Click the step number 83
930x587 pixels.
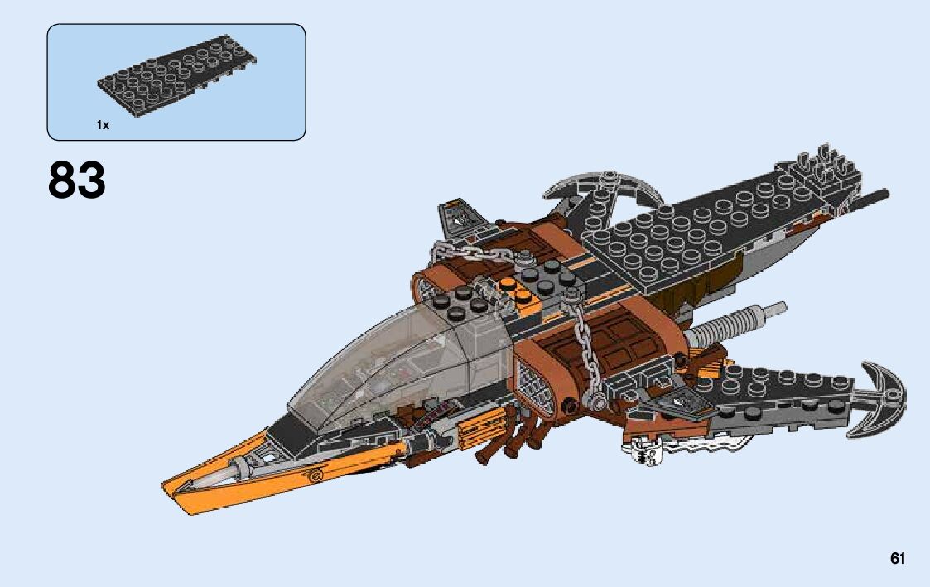[77, 180]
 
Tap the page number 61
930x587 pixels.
[898, 558]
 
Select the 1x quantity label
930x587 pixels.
[103, 125]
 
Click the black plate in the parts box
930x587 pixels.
[176, 82]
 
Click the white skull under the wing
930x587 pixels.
[639, 454]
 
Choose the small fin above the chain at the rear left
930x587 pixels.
[455, 217]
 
